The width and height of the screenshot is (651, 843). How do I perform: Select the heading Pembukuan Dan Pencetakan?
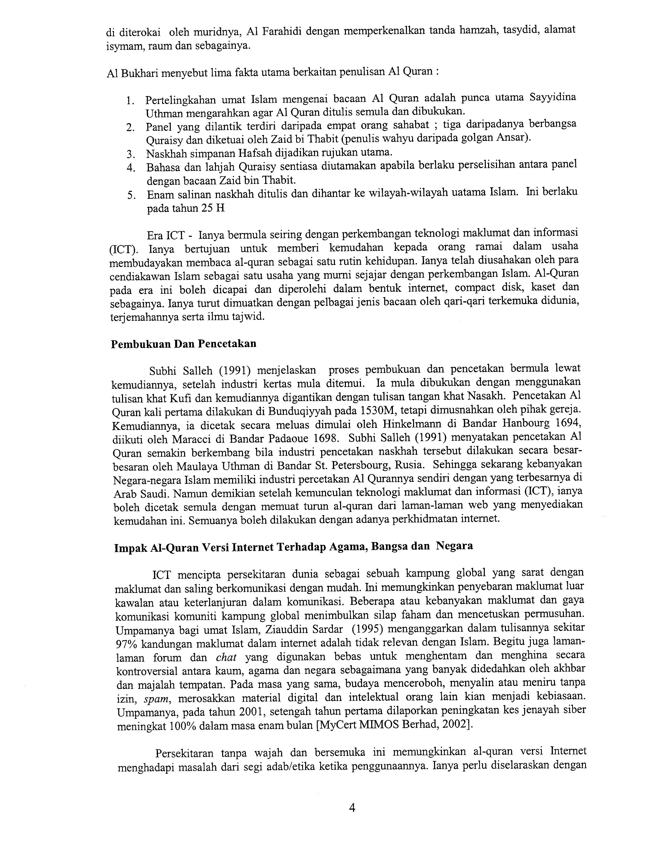click(x=183, y=344)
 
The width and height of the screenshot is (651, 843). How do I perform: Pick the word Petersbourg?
click(x=361, y=465)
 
